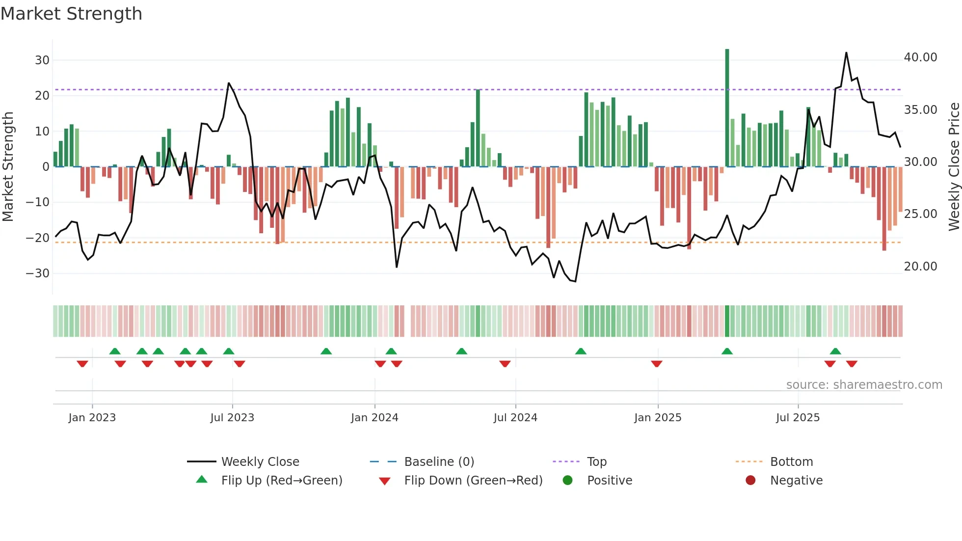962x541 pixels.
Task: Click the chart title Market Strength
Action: pos(71,14)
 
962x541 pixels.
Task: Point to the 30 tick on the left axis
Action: pos(42,60)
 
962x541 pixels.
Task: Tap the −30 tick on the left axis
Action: pos(38,273)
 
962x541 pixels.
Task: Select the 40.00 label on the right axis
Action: pos(920,57)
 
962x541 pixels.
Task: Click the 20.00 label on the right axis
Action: pos(920,267)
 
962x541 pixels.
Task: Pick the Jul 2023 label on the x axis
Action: pos(232,418)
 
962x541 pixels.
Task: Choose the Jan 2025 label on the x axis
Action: pos(658,418)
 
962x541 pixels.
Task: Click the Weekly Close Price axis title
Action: pos(954,167)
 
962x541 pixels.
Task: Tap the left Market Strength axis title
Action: pos(8,167)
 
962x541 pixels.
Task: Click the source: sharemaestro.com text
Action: pos(864,385)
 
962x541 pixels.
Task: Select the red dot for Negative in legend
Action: pos(750,480)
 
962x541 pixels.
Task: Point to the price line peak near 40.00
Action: pos(846,53)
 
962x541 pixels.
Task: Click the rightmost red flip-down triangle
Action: pos(852,364)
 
